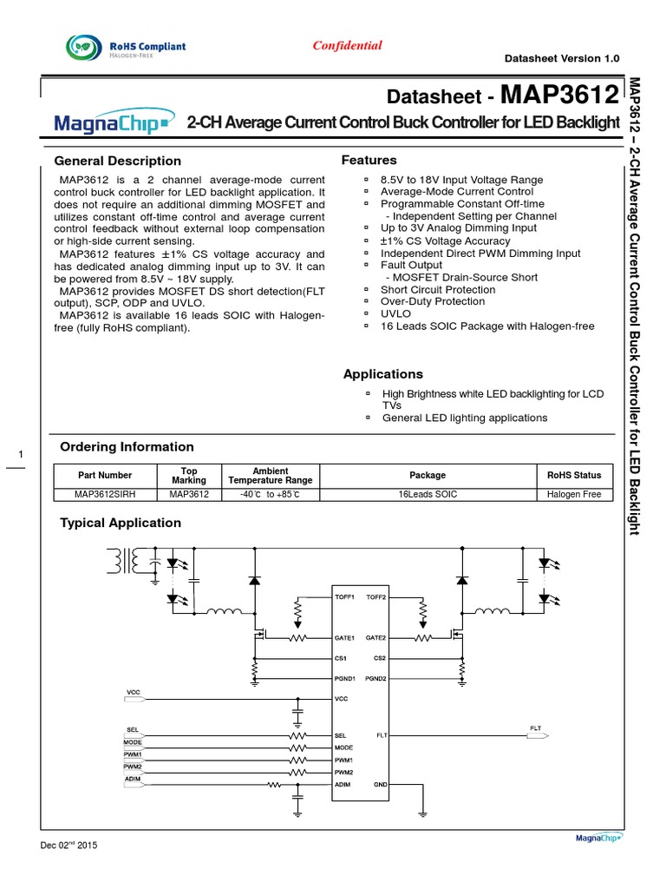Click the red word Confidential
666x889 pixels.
[347, 45]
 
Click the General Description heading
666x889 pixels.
[118, 161]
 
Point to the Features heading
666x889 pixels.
[369, 160]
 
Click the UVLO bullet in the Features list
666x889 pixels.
[396, 313]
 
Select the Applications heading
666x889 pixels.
[383, 374]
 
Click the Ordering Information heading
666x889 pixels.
[127, 446]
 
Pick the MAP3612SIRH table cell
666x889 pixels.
[105, 494]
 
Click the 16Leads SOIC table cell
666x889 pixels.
[428, 494]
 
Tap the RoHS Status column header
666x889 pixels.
[574, 475]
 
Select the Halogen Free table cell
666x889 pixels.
[574, 494]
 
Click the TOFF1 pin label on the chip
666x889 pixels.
[344, 598]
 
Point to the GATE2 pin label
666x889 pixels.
[375, 637]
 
